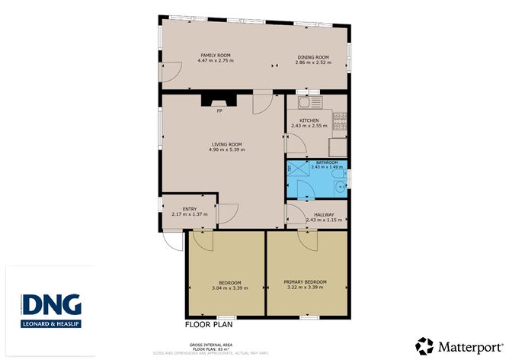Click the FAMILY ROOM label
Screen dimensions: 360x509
216,56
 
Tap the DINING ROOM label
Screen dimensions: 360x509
312,56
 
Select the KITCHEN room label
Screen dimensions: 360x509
309,121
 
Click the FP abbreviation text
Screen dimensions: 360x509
219,111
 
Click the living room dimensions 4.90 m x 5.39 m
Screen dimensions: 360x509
226,149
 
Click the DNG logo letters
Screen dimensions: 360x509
52,304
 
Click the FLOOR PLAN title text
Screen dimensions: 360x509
209,324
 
